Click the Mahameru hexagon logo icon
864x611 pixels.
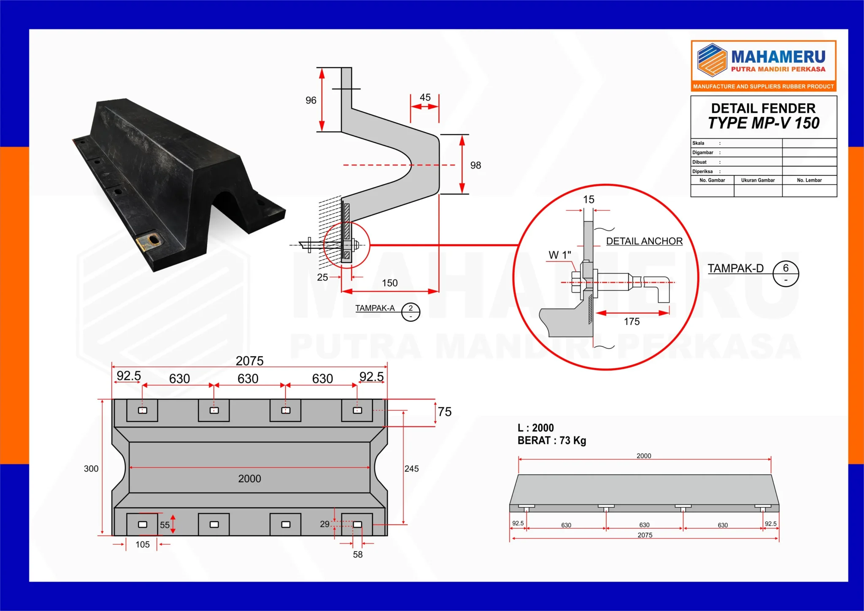point(712,60)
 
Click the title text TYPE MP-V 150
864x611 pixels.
point(763,123)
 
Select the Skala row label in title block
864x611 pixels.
point(698,143)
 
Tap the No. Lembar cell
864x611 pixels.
point(809,180)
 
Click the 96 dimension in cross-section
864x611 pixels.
point(311,100)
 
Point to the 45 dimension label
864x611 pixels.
point(425,97)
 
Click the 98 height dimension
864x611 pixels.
point(475,165)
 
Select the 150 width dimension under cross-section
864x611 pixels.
point(389,283)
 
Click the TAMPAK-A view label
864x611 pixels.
point(375,308)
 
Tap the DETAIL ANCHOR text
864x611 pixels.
point(644,241)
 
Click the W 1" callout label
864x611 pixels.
point(559,255)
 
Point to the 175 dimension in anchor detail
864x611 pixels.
point(632,322)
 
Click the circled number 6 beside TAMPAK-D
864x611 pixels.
point(786,268)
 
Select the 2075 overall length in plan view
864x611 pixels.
point(249,361)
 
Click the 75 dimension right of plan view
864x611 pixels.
point(445,412)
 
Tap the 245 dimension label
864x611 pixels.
point(411,468)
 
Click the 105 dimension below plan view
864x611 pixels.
point(142,544)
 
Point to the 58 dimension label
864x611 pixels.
point(357,554)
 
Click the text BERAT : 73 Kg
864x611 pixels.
point(551,441)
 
